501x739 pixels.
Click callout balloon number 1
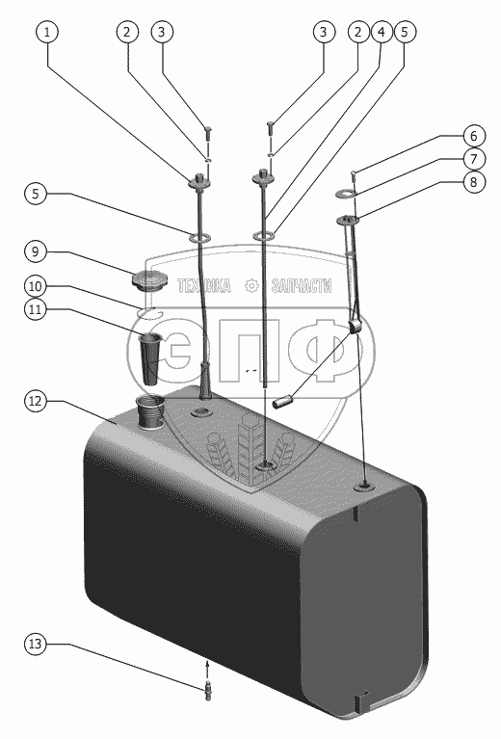pyautogui.click(x=46, y=32)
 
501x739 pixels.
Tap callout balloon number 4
pyautogui.click(x=381, y=32)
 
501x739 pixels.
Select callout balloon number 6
pyautogui.click(x=473, y=136)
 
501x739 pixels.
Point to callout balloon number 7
pyautogui.click(x=473, y=159)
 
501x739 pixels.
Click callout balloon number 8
pyautogui.click(x=473, y=181)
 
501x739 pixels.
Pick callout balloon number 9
pyautogui.click(x=36, y=251)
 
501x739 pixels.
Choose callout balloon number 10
pyautogui.click(x=36, y=286)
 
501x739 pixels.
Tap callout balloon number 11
pyautogui.click(x=36, y=309)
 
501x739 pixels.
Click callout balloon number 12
pyautogui.click(x=36, y=401)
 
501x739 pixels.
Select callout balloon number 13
pyautogui.click(x=36, y=644)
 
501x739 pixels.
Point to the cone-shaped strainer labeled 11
pyautogui.click(x=150, y=358)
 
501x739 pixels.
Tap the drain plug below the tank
pyautogui.click(x=208, y=691)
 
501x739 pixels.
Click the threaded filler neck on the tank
pyautogui.click(x=150, y=412)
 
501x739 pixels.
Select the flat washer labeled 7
pyautogui.click(x=346, y=193)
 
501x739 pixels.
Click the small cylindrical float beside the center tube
pyautogui.click(x=283, y=404)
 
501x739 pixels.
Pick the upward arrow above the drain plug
pyautogui.click(x=206, y=670)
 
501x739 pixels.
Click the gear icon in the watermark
pyautogui.click(x=251, y=285)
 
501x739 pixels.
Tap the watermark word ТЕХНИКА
pyautogui.click(x=204, y=285)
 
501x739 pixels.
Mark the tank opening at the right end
pyautogui.click(x=365, y=485)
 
